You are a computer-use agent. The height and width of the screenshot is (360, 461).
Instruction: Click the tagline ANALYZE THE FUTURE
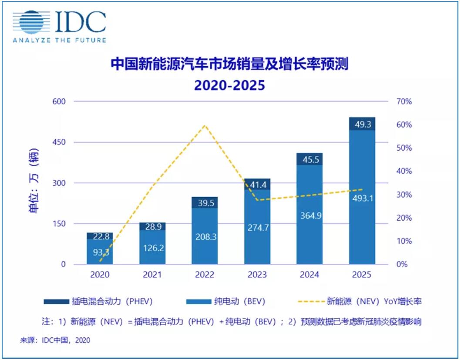[x=59, y=40]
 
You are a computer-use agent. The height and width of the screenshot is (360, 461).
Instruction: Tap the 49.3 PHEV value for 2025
[x=362, y=124]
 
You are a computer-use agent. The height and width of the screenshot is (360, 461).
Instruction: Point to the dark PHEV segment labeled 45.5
[x=310, y=159]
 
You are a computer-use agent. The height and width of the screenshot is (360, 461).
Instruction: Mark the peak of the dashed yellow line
[x=205, y=125]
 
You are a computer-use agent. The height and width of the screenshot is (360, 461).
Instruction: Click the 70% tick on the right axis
[x=404, y=101]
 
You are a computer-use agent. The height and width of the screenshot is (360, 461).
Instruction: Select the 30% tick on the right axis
[x=404, y=195]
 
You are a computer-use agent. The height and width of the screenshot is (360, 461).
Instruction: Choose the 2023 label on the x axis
[x=257, y=275]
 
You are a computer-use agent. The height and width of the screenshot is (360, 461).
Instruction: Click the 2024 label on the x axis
[x=310, y=275]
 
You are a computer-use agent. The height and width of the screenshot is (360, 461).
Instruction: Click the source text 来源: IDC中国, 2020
[x=54, y=340]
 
